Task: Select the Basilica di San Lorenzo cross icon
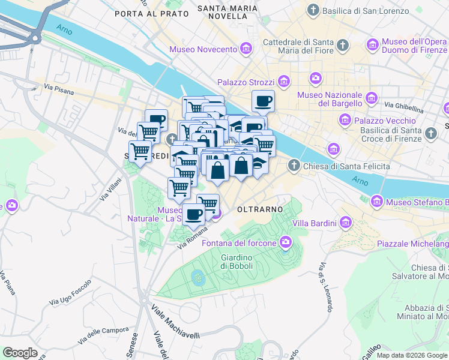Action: [313, 10]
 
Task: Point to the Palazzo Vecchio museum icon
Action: [345, 121]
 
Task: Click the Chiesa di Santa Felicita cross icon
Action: [294, 165]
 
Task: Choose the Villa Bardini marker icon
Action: [345, 223]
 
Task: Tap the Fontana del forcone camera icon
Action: [285, 242]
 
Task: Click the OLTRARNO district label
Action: [259, 209]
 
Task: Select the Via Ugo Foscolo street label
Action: [70, 292]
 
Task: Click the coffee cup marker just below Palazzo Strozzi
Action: [262, 101]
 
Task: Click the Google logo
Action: [20, 353]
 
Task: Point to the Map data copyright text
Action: [412, 355]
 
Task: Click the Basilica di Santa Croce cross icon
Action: [430, 133]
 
